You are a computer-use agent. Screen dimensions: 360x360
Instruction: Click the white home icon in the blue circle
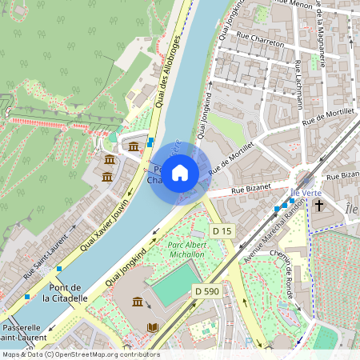click(180, 172)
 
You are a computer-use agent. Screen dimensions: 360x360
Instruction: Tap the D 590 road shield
click(206, 292)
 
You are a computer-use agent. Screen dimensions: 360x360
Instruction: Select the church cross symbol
click(318, 206)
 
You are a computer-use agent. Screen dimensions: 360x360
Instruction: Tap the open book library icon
click(153, 327)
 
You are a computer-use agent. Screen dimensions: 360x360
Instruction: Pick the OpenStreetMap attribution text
click(80, 354)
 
